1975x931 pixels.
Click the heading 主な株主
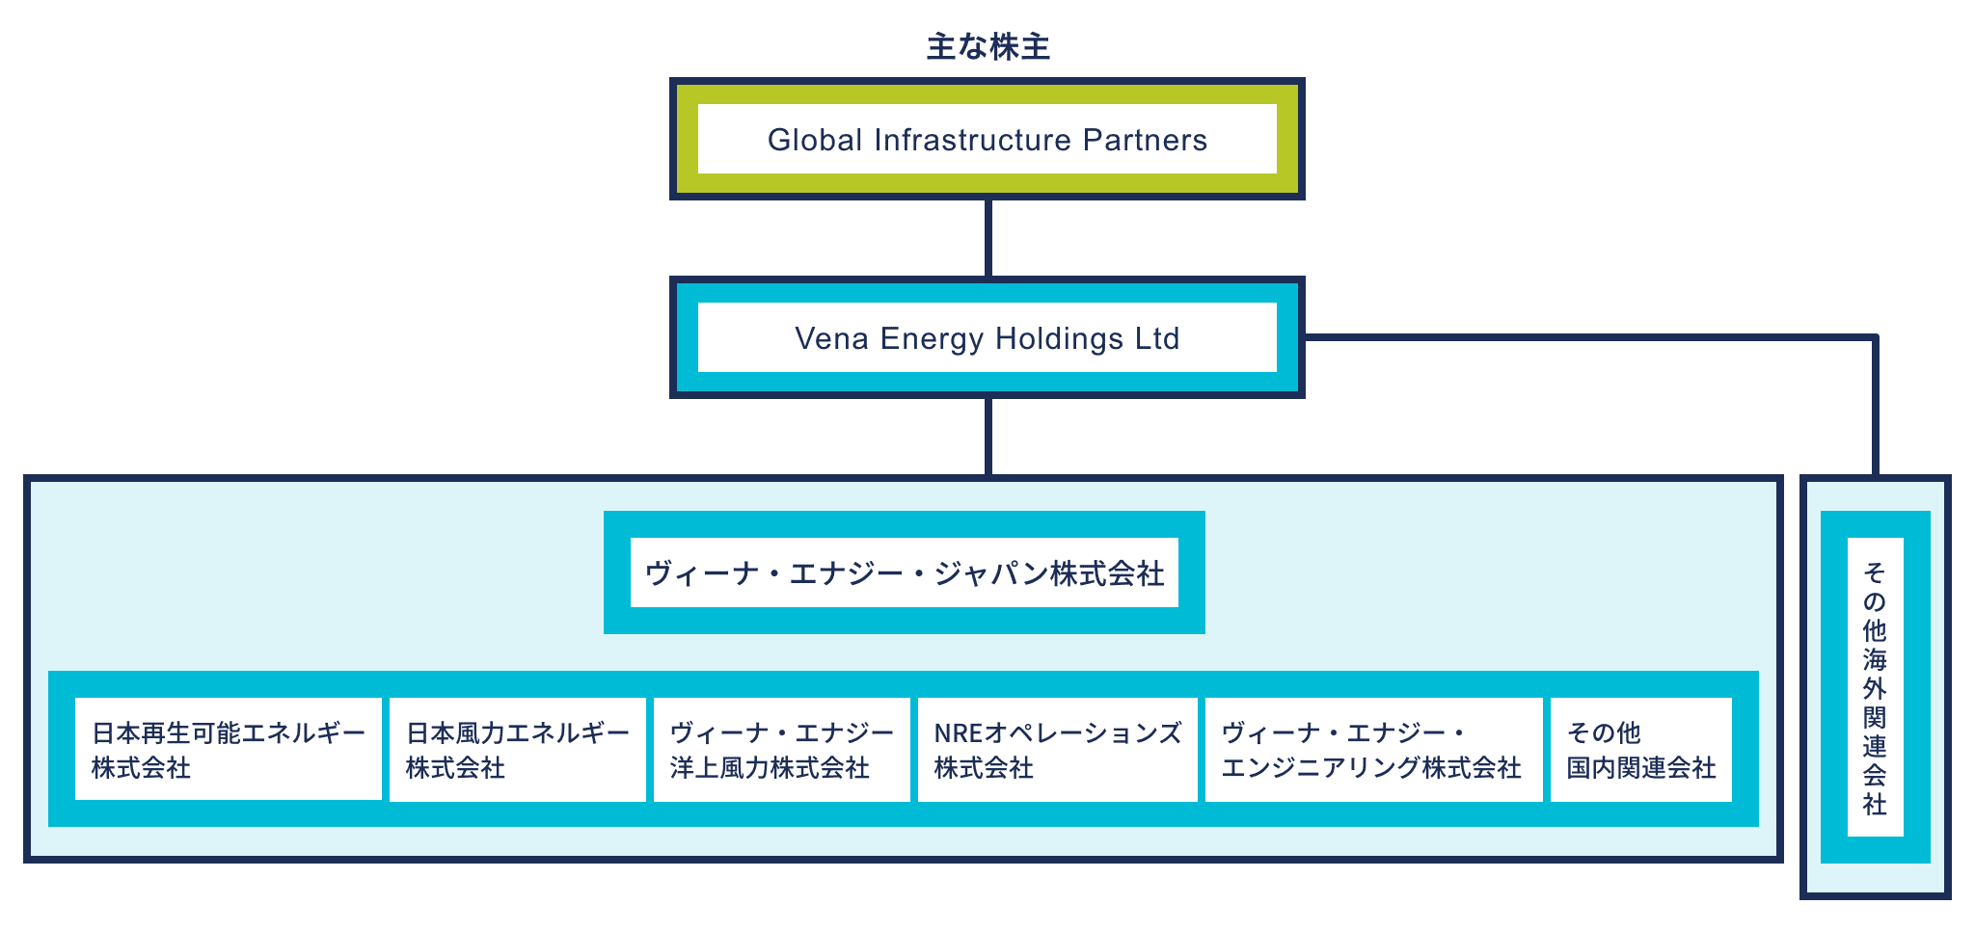click(987, 47)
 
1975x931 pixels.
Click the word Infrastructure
click(972, 141)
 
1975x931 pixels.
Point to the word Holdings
click(1059, 339)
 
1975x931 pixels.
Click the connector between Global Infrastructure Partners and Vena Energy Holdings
click(987, 238)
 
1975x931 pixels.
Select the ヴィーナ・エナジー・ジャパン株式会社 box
click(905, 572)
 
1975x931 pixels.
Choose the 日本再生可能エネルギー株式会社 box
click(229, 750)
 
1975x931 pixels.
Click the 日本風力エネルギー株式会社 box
click(518, 750)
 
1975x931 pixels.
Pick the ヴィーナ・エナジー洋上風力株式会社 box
click(782, 750)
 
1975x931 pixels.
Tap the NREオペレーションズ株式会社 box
click(1057, 750)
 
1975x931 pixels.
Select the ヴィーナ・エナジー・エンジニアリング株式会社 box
click(1373, 750)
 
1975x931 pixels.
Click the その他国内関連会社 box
click(1641, 750)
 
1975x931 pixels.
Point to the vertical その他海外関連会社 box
click(1875, 686)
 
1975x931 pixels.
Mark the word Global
click(815, 141)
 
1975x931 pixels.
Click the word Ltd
click(1156, 339)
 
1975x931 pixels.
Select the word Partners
click(1145, 141)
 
